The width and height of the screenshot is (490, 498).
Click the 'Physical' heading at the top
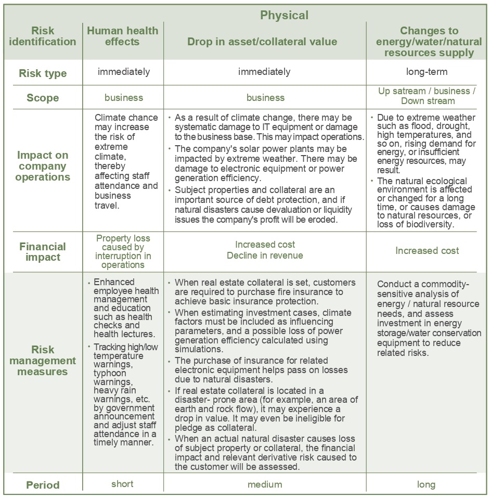coord(284,15)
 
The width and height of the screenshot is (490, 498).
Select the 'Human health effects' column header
coord(122,36)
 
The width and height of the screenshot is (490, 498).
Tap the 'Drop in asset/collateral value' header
coord(262,42)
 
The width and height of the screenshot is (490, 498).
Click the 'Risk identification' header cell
coord(43,36)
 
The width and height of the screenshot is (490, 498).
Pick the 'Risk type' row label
coord(43,73)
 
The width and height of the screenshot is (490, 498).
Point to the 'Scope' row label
coord(43,98)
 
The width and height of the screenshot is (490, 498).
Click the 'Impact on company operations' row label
coord(43,166)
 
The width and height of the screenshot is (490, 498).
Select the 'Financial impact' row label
coord(43,252)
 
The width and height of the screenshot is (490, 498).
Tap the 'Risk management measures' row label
coord(43,360)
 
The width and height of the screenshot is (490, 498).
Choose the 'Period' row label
coord(43,485)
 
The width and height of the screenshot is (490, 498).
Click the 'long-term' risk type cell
coord(427,72)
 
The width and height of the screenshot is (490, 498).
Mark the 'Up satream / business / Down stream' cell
coord(427,96)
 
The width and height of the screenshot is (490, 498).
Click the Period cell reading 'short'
coord(122,484)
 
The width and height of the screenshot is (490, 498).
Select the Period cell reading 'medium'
coord(265,484)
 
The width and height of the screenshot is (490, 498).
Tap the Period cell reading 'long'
coord(426,484)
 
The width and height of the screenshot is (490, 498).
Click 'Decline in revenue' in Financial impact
coord(265,256)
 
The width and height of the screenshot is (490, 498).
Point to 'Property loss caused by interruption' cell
coord(123,251)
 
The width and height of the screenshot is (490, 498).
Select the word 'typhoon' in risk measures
coord(109,373)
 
